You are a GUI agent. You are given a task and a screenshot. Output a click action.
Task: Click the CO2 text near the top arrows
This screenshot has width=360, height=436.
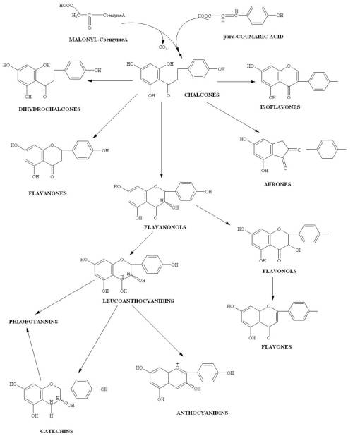pyautogui.click(x=165, y=50)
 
